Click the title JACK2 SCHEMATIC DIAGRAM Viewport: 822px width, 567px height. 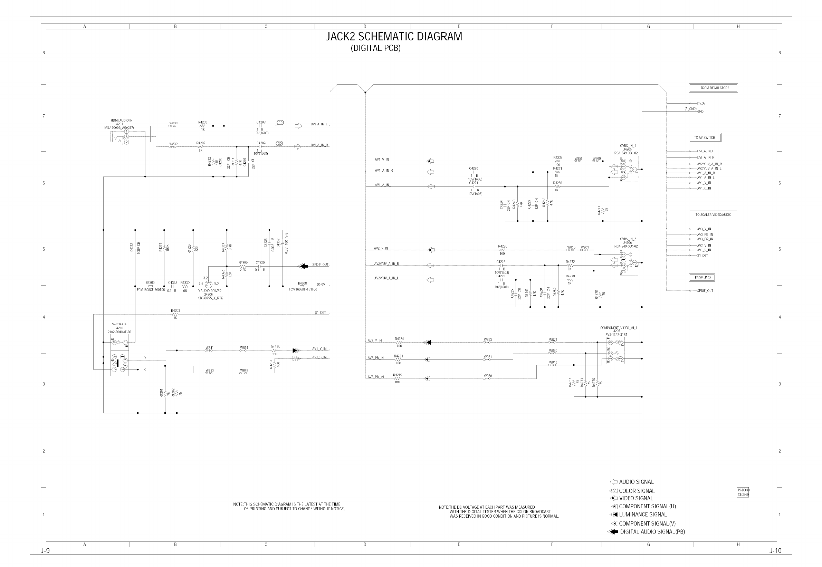[394, 37]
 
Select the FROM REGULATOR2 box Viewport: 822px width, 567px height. [713, 88]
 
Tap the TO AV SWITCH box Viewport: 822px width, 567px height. [705, 138]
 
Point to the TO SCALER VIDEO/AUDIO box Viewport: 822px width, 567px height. [713, 214]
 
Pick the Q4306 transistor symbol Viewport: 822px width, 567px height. [209, 284]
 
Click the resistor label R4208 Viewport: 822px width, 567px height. [202, 122]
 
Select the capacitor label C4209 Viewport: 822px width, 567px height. [261, 143]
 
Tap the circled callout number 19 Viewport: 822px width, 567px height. [281, 123]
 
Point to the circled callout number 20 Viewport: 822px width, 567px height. [280, 144]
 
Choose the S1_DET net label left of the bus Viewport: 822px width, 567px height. [320, 313]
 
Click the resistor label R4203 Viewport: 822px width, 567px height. [175, 310]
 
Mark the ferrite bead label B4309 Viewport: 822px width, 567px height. [150, 283]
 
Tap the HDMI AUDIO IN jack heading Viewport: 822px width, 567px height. [122, 121]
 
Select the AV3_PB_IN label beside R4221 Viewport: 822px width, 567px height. [375, 358]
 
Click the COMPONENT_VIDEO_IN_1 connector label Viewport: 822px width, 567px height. [619, 328]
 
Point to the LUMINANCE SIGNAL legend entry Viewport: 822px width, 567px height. [643, 515]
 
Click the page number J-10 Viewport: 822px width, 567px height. [775, 551]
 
